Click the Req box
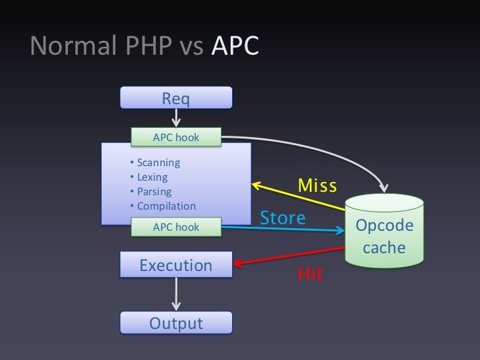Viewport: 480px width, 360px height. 176,98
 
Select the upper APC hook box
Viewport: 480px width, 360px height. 176,137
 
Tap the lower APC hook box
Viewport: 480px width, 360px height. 176,227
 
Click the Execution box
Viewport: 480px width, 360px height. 176,266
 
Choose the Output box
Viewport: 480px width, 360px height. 176,323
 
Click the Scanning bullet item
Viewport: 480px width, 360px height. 157,163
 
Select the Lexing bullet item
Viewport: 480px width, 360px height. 151,177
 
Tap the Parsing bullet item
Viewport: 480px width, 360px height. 153,192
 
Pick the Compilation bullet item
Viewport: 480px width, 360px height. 165,206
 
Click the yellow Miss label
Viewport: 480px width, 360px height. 317,185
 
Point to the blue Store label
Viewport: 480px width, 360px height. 284,218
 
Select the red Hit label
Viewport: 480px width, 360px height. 311,274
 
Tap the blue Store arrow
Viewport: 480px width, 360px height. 284,229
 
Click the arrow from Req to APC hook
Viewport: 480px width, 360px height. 176,118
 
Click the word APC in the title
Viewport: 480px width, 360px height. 236,45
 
